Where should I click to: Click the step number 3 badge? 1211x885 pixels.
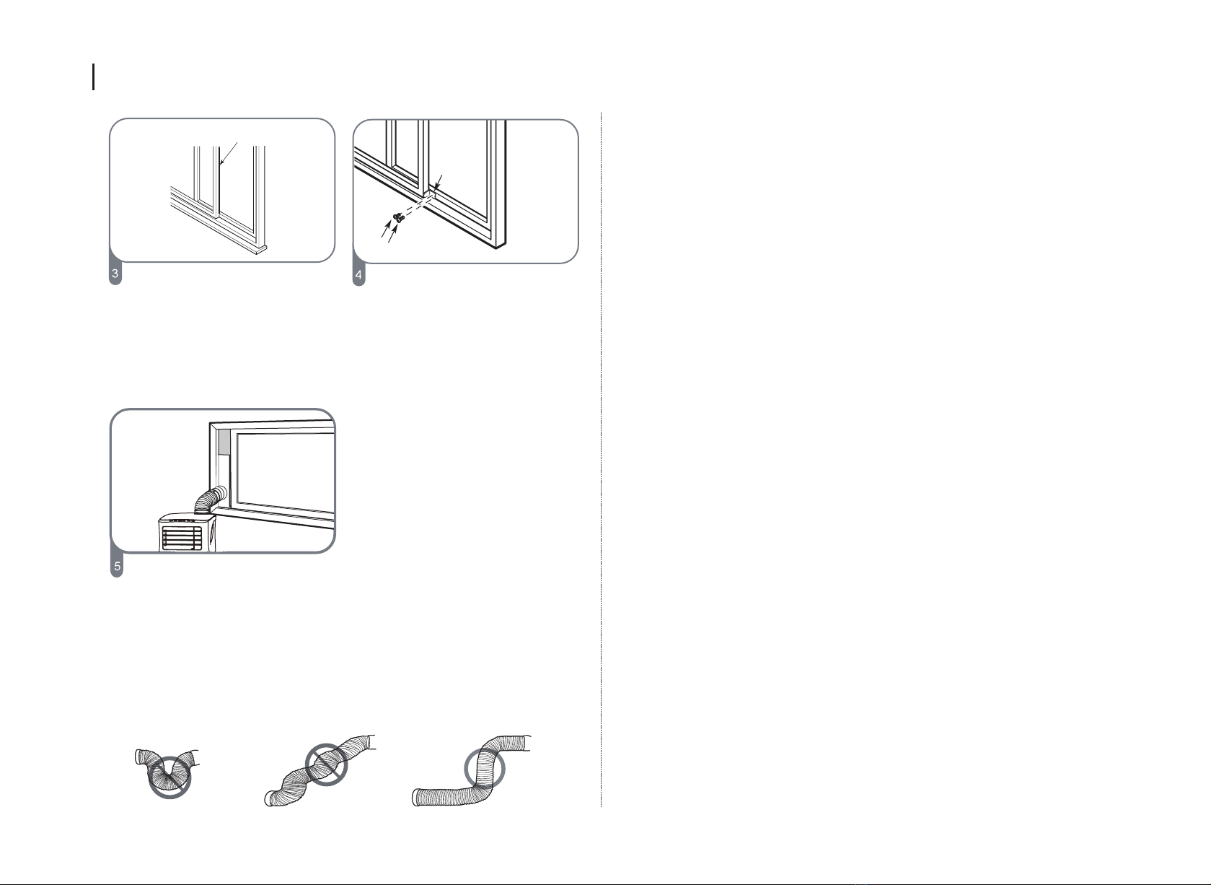[115, 274]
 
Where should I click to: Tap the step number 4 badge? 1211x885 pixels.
[358, 275]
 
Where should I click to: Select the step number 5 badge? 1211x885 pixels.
[117, 567]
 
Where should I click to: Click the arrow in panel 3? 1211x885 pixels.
[229, 153]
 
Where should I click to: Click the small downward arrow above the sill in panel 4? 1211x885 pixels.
[439, 182]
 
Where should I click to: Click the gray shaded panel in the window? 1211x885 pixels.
[224, 442]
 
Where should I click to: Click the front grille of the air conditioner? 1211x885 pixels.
[182, 539]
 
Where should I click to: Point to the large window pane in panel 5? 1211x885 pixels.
[286, 471]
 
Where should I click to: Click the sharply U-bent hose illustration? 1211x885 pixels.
[167, 769]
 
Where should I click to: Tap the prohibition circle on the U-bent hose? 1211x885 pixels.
[169, 778]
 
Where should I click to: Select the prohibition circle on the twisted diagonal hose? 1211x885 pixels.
[327, 765]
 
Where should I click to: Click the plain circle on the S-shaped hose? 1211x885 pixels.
[485, 768]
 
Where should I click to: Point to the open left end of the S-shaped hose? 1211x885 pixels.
[415, 798]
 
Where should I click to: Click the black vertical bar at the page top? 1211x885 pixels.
[94, 77]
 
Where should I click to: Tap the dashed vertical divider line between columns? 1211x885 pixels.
[601, 459]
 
